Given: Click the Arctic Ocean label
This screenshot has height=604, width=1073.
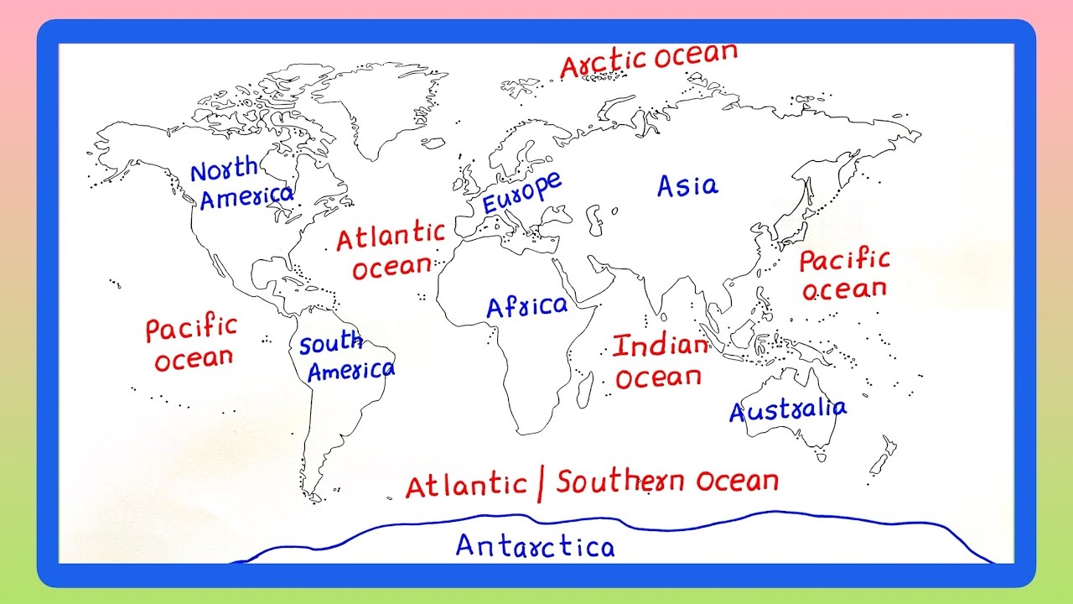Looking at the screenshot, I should click(648, 60).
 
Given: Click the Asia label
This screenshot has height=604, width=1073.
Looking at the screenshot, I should click(687, 185).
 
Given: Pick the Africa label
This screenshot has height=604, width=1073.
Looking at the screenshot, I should click(526, 307).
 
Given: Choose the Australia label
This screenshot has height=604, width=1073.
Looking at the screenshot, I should click(787, 410).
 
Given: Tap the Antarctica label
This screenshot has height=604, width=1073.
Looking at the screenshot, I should click(535, 546).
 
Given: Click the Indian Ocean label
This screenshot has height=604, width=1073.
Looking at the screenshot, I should click(659, 362).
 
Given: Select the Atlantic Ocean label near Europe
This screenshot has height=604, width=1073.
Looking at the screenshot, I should click(391, 251).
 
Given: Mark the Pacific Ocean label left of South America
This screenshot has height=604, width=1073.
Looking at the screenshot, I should click(192, 343).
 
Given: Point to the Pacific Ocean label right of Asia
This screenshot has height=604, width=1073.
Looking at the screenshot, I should click(843, 275).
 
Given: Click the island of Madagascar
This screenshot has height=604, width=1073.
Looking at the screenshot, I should click(586, 391).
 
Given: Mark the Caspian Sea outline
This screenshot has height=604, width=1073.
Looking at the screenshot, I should click(594, 219).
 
